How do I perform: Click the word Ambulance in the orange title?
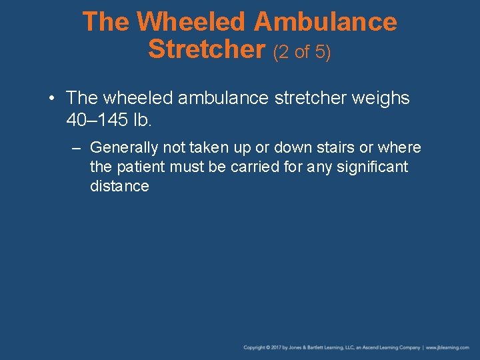tap(325, 23)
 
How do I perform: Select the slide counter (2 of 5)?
tap(302, 51)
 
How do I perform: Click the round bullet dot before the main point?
tap(52, 99)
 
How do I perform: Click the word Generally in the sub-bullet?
tap(124, 147)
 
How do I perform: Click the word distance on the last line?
tap(119, 186)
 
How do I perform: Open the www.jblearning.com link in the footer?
tap(448, 347)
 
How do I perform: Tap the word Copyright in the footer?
tap(254, 347)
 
